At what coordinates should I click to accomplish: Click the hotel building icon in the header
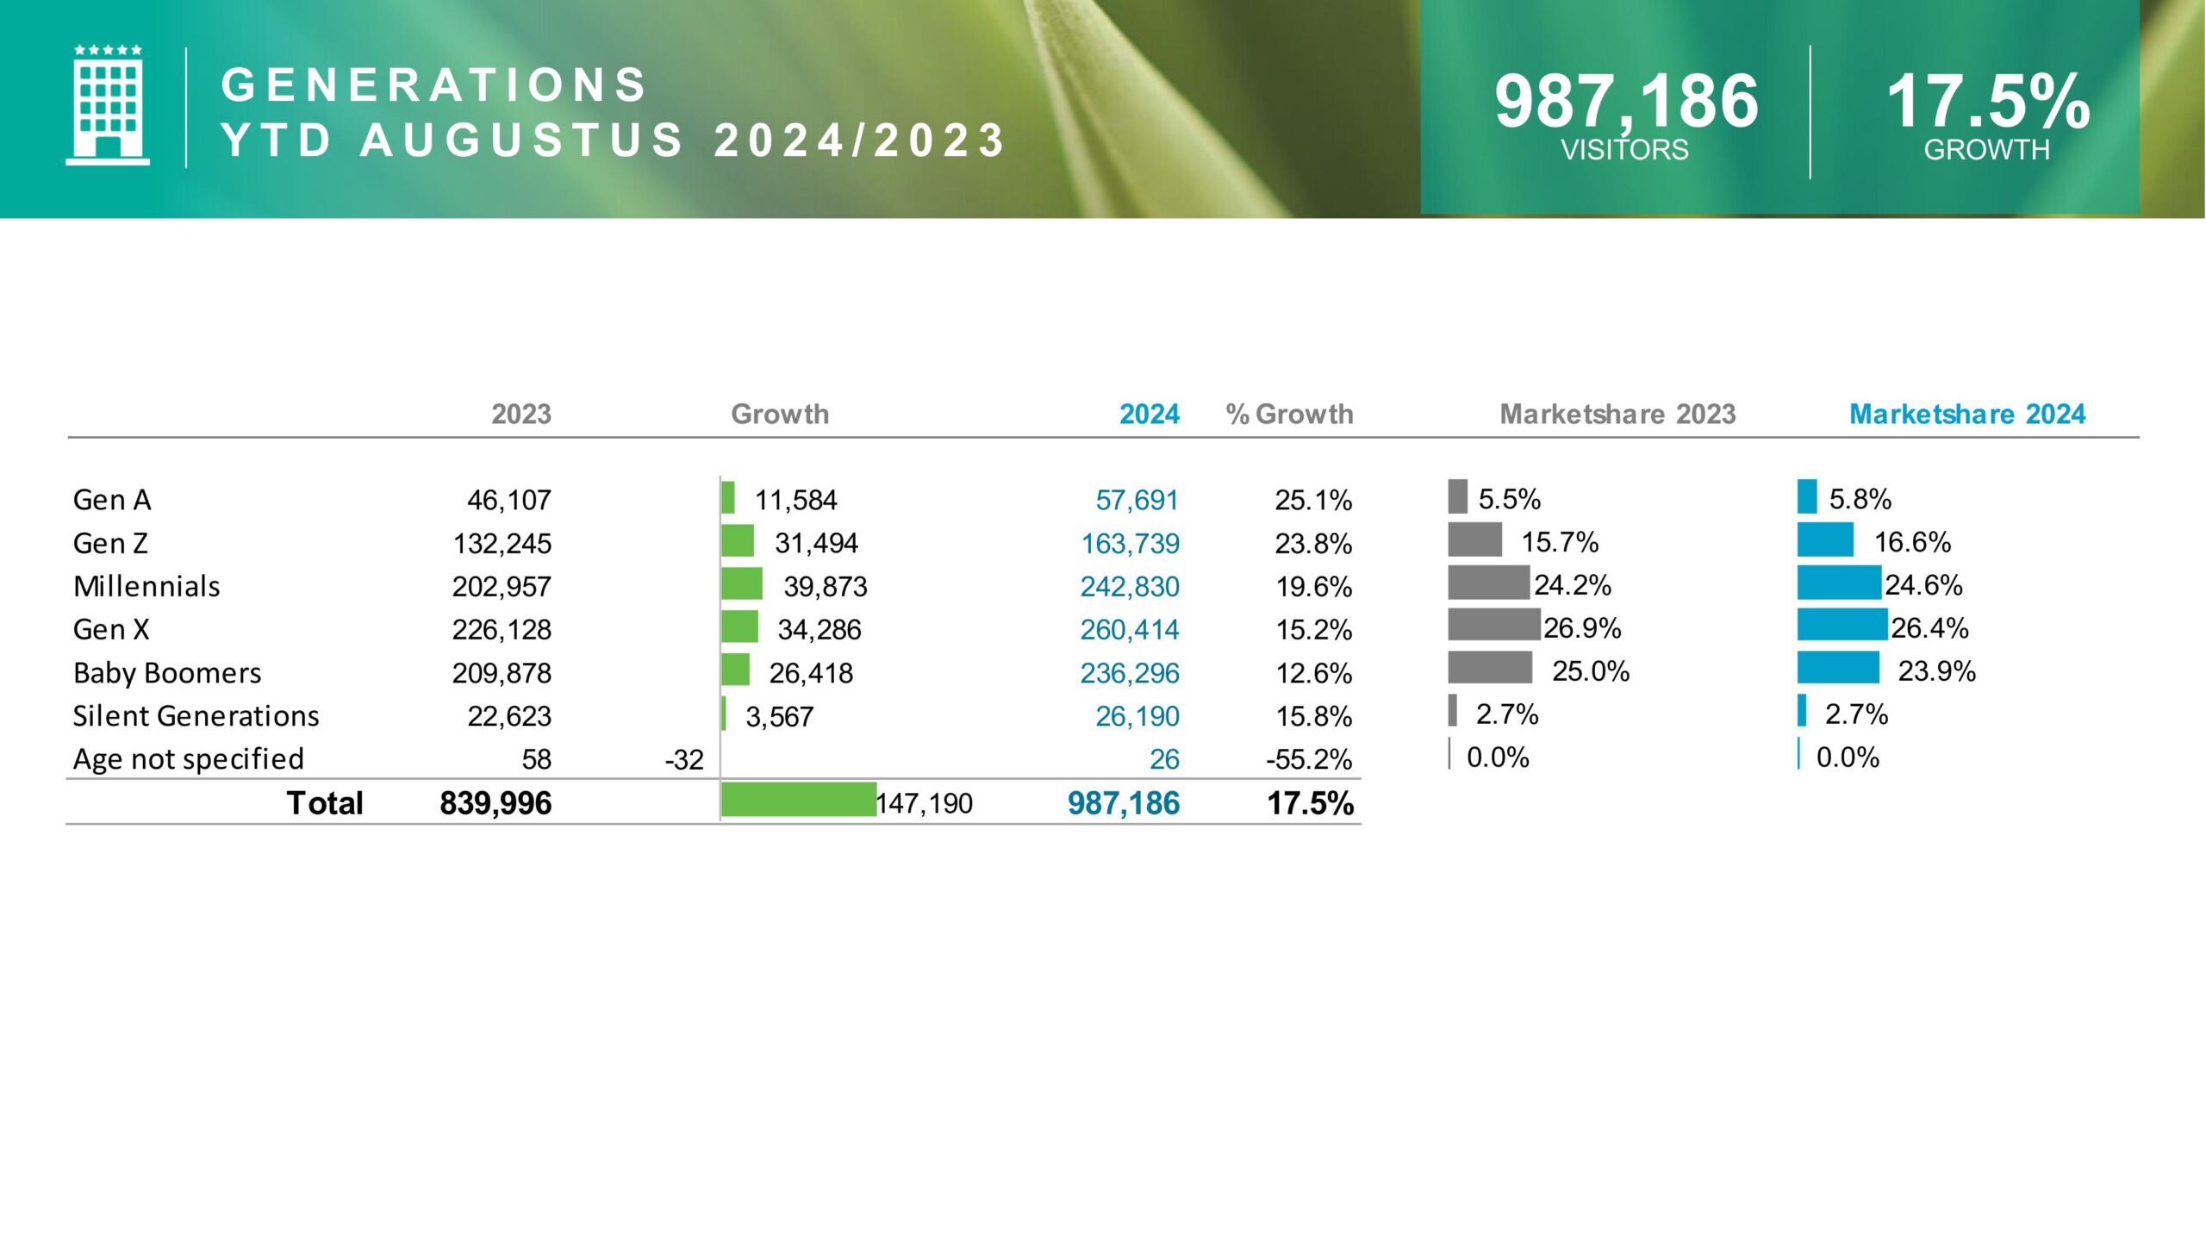click(x=108, y=105)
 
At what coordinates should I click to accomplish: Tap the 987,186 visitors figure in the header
click(x=1626, y=102)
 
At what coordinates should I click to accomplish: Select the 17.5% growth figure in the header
click(x=1988, y=102)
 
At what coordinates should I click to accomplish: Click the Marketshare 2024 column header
click(x=1966, y=415)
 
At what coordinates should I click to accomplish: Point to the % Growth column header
click(x=1289, y=415)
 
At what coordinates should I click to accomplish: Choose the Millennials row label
click(x=146, y=587)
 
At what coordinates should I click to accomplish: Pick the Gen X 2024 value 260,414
click(x=1129, y=630)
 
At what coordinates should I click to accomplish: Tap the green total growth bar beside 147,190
click(x=798, y=800)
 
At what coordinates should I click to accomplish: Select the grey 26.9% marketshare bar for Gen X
click(x=1493, y=625)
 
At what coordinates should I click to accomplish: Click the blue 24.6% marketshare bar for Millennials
click(x=1838, y=583)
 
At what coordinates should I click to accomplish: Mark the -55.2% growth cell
click(x=1308, y=759)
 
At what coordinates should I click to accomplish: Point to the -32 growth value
click(x=684, y=760)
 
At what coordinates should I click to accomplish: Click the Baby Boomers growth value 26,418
click(x=810, y=673)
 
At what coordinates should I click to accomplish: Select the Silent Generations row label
click(x=196, y=716)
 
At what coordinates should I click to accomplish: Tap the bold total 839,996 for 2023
click(x=495, y=803)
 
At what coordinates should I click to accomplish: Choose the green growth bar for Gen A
click(x=728, y=498)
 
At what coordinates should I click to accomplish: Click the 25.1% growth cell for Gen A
click(x=1313, y=500)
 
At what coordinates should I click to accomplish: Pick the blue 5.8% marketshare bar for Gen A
click(x=1806, y=496)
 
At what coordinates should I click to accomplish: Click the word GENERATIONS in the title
click(x=433, y=85)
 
